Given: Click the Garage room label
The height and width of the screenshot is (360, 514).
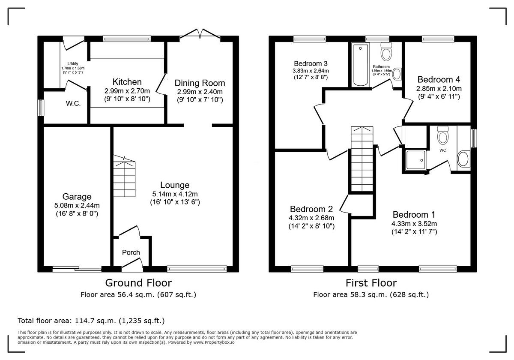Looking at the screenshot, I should click(77, 197).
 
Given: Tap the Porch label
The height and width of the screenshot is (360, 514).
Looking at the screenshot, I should click(131, 252).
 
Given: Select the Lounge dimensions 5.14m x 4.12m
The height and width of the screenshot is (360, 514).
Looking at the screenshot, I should click(175, 194).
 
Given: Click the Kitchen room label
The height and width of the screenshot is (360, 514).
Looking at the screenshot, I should click(127, 82).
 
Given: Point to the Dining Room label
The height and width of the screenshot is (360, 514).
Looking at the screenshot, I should click(200, 83).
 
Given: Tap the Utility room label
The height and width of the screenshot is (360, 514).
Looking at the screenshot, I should click(73, 64).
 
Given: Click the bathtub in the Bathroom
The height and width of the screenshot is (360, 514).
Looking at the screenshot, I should click(359, 65).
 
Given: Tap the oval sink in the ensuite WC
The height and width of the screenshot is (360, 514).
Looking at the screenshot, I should click(463, 159).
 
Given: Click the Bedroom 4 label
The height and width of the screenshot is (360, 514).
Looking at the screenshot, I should click(439, 80).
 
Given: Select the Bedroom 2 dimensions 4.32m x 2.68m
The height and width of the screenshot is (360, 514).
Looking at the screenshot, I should click(311, 218).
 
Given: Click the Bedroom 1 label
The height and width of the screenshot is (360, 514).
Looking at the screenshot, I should click(414, 215).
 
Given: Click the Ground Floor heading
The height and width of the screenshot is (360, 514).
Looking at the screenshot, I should click(138, 283).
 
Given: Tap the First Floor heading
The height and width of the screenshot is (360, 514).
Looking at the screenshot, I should click(371, 283).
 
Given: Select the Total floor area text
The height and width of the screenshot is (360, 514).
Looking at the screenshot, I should click(91, 321).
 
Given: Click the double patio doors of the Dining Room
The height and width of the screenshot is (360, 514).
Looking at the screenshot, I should click(200, 35).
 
